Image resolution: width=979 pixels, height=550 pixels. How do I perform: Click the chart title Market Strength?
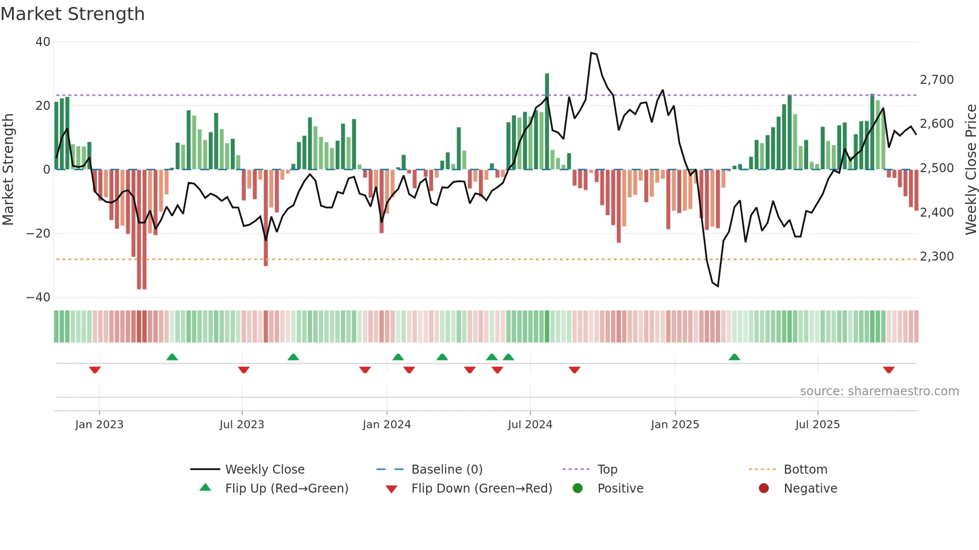[x=72, y=14]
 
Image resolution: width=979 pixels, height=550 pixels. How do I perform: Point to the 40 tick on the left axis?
[x=43, y=42]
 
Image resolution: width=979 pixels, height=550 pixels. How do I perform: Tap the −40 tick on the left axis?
[x=38, y=297]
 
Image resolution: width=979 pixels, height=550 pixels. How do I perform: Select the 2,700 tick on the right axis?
[x=937, y=80]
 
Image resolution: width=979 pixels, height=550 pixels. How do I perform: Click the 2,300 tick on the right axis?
[x=937, y=257]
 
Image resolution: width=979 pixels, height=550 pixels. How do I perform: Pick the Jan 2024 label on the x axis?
[x=387, y=425]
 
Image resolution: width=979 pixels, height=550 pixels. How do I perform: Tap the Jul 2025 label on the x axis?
[x=817, y=425]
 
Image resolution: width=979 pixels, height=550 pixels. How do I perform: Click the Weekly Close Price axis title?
[x=971, y=169]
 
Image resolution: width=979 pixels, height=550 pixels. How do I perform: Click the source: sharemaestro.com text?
[x=879, y=391]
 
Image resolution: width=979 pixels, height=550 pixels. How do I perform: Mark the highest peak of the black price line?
[x=591, y=52]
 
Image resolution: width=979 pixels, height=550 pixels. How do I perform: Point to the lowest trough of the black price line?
[x=718, y=286]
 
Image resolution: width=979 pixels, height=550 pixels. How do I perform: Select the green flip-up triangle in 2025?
[x=734, y=357]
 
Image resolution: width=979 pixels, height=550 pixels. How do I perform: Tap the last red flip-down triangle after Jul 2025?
[x=889, y=370]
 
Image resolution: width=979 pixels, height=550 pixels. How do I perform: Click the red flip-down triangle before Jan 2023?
[x=95, y=370]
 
